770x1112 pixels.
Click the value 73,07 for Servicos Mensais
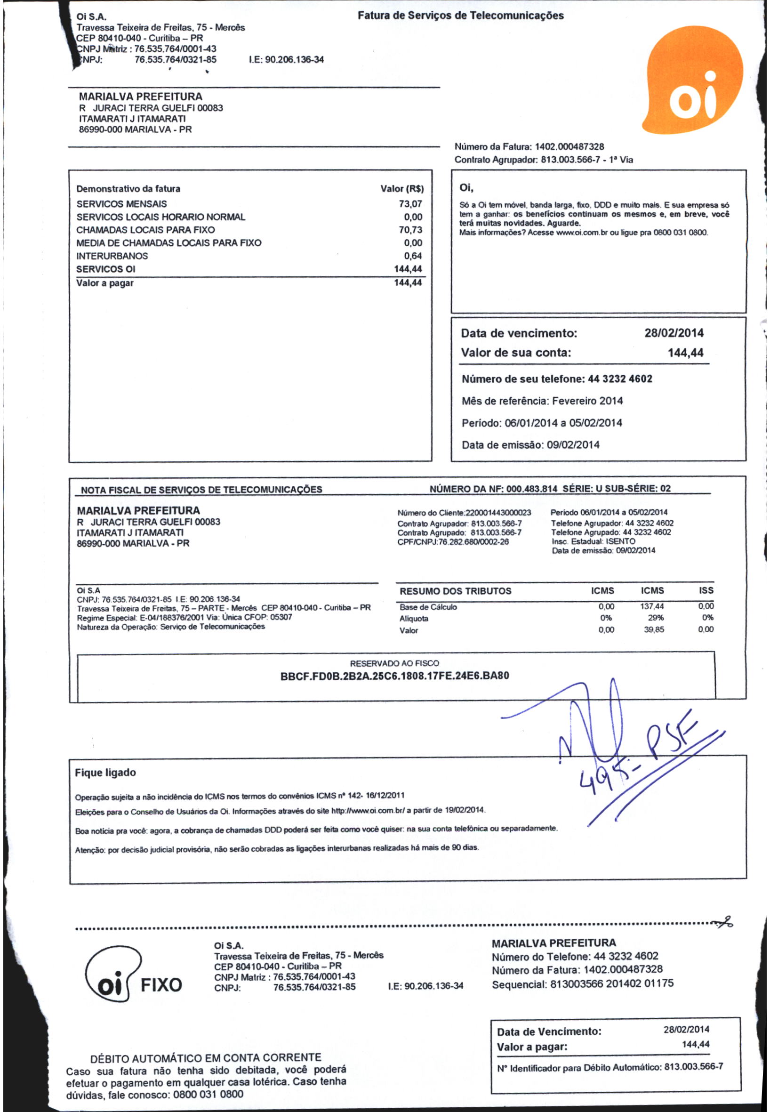pyautogui.click(x=410, y=204)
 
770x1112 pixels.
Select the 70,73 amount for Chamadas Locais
pyautogui.click(x=410, y=230)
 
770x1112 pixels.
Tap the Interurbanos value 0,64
pyautogui.click(x=413, y=256)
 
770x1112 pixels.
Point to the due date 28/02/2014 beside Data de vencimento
pyautogui.click(x=674, y=333)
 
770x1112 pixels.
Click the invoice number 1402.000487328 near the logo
pyautogui.click(x=569, y=147)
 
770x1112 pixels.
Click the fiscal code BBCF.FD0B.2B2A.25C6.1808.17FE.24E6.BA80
pyautogui.click(x=395, y=676)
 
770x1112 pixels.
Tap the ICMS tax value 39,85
pyautogui.click(x=654, y=629)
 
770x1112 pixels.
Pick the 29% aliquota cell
pyautogui.click(x=656, y=618)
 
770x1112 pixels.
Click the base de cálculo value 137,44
pyautogui.click(x=652, y=606)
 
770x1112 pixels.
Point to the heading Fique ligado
pyautogui.click(x=105, y=773)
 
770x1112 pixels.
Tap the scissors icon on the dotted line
pyautogui.click(x=725, y=922)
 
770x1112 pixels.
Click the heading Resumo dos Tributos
pyautogui.click(x=455, y=591)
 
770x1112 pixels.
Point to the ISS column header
pyautogui.click(x=706, y=591)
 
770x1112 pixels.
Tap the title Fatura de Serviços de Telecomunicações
pyautogui.click(x=460, y=16)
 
